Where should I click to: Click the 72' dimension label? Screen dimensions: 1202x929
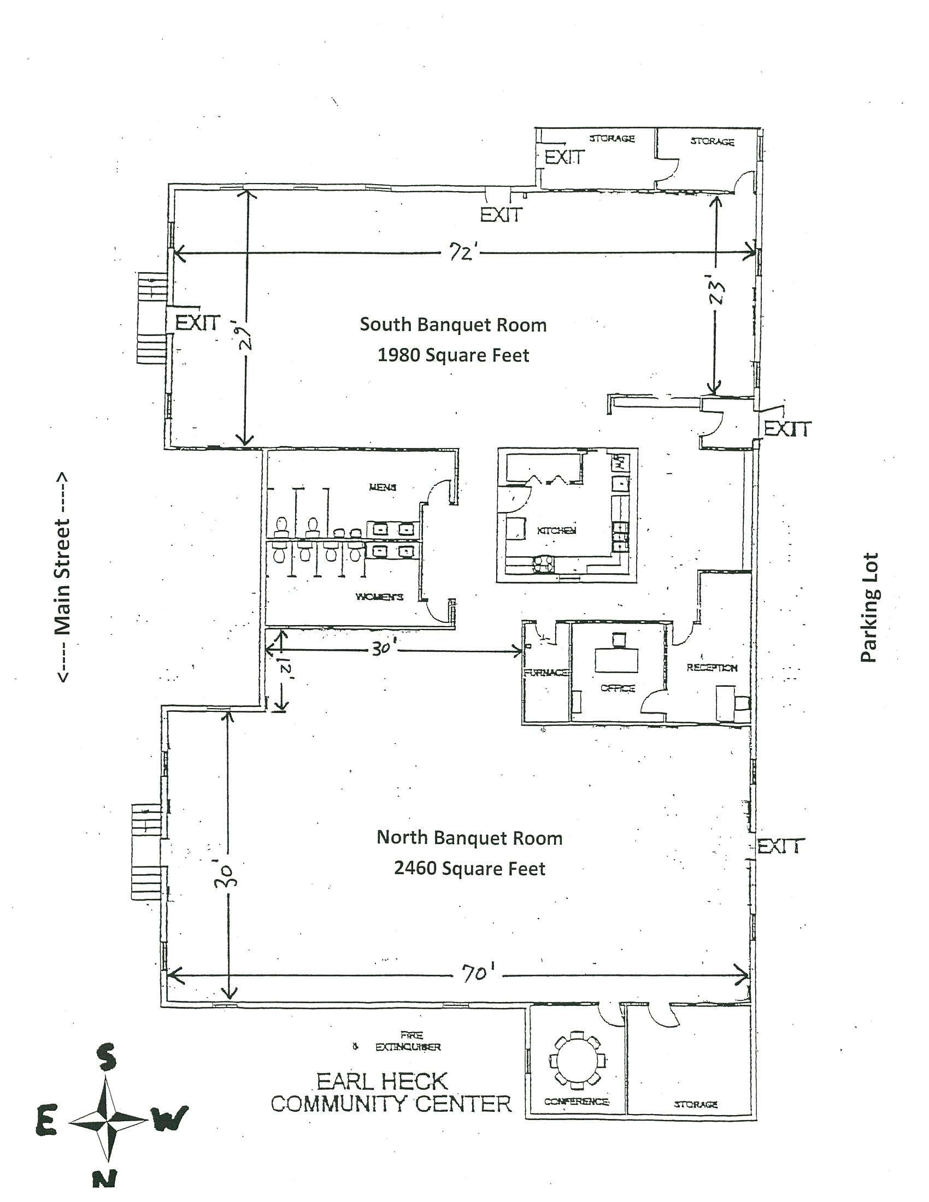click(x=461, y=254)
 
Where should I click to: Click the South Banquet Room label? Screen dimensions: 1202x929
click(x=453, y=325)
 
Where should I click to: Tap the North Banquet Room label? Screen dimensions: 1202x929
click(x=469, y=838)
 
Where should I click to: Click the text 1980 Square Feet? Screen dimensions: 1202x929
click(x=453, y=356)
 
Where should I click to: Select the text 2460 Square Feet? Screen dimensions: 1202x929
click(x=469, y=869)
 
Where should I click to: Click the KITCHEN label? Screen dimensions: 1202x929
click(x=556, y=530)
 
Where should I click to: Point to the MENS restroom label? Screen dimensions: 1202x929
click(x=383, y=486)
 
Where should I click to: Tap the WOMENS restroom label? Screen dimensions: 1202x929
click(x=379, y=597)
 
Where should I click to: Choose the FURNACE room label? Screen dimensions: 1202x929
click(x=545, y=672)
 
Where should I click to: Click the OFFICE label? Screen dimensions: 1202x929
click(x=618, y=688)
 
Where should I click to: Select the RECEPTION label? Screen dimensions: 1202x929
click(x=711, y=668)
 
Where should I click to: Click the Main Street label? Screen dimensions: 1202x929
click(x=62, y=578)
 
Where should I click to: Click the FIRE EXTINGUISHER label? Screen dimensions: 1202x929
click(x=408, y=1042)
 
